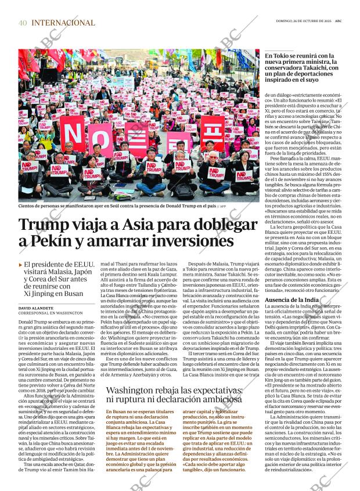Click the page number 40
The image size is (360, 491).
point(23,23)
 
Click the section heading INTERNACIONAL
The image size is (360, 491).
point(63,23)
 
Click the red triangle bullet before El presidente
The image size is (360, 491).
point(21,265)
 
